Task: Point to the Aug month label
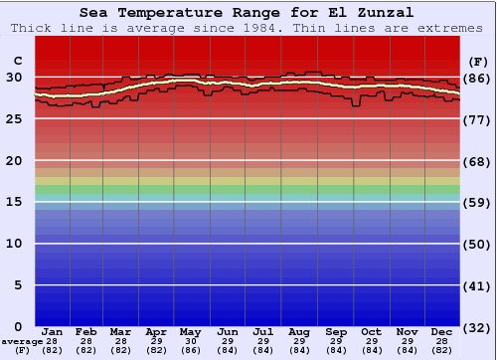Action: pyautogui.click(x=299, y=331)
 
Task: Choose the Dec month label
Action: pyautogui.click(x=441, y=331)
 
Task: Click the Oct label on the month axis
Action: pyautogui.click(x=371, y=331)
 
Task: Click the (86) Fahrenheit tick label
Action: pyautogui.click(x=477, y=78)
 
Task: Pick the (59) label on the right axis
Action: pyautogui.click(x=477, y=202)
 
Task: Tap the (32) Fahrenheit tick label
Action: pyautogui.click(x=477, y=326)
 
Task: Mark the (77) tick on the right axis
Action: pyautogui.click(x=477, y=119)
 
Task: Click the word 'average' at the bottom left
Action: pyautogui.click(x=22, y=341)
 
